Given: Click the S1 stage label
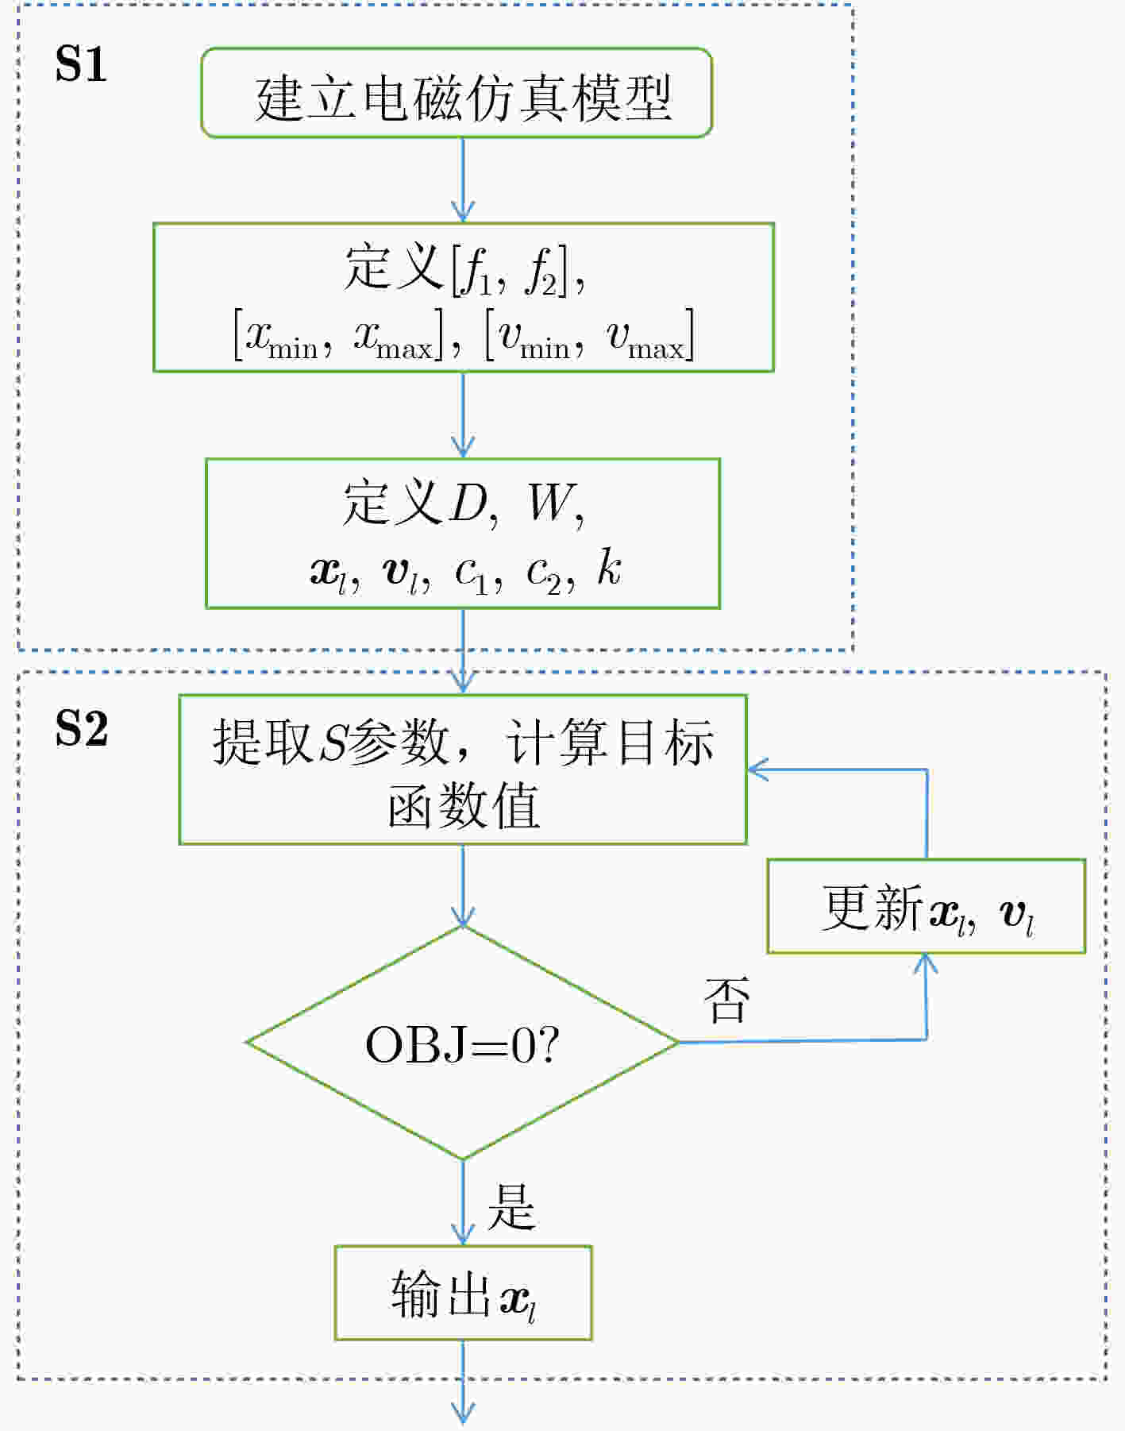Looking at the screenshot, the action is coord(81,64).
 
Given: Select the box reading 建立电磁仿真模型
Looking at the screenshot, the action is coord(457,93).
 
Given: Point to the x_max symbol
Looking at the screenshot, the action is coord(394,338).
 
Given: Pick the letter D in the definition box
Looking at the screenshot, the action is coord(468,502).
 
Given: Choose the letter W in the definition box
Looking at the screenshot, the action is coord(549,502).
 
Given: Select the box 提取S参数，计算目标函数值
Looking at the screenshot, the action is coord(463,769).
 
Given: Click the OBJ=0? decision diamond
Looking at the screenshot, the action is coord(463,1043).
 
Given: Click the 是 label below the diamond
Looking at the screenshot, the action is coord(511,1206).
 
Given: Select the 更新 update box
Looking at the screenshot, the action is coord(926,906).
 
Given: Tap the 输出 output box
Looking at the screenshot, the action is coord(463,1293).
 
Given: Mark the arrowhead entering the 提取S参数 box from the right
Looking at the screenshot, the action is coord(757,769).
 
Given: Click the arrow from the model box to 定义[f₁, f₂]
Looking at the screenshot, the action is coord(463,180).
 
